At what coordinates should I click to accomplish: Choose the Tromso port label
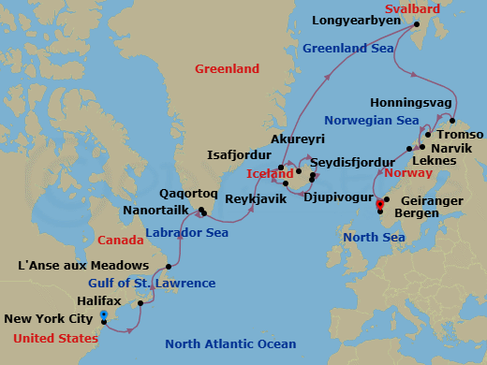coord(457,134)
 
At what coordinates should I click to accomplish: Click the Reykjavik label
coord(255,198)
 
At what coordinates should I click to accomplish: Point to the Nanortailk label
coord(159,210)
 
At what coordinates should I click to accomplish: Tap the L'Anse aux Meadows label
coord(83,266)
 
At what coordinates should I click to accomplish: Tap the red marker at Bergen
coord(379,203)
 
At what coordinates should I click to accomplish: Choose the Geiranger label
coord(431,199)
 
